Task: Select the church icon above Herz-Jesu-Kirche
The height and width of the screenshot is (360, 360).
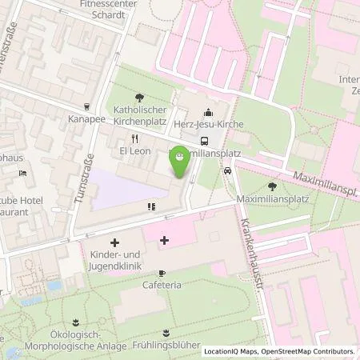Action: pos(209,112)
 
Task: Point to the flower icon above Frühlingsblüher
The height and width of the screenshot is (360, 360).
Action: pos(166,331)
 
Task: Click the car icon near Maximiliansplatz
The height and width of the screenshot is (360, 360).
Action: pos(227,170)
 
